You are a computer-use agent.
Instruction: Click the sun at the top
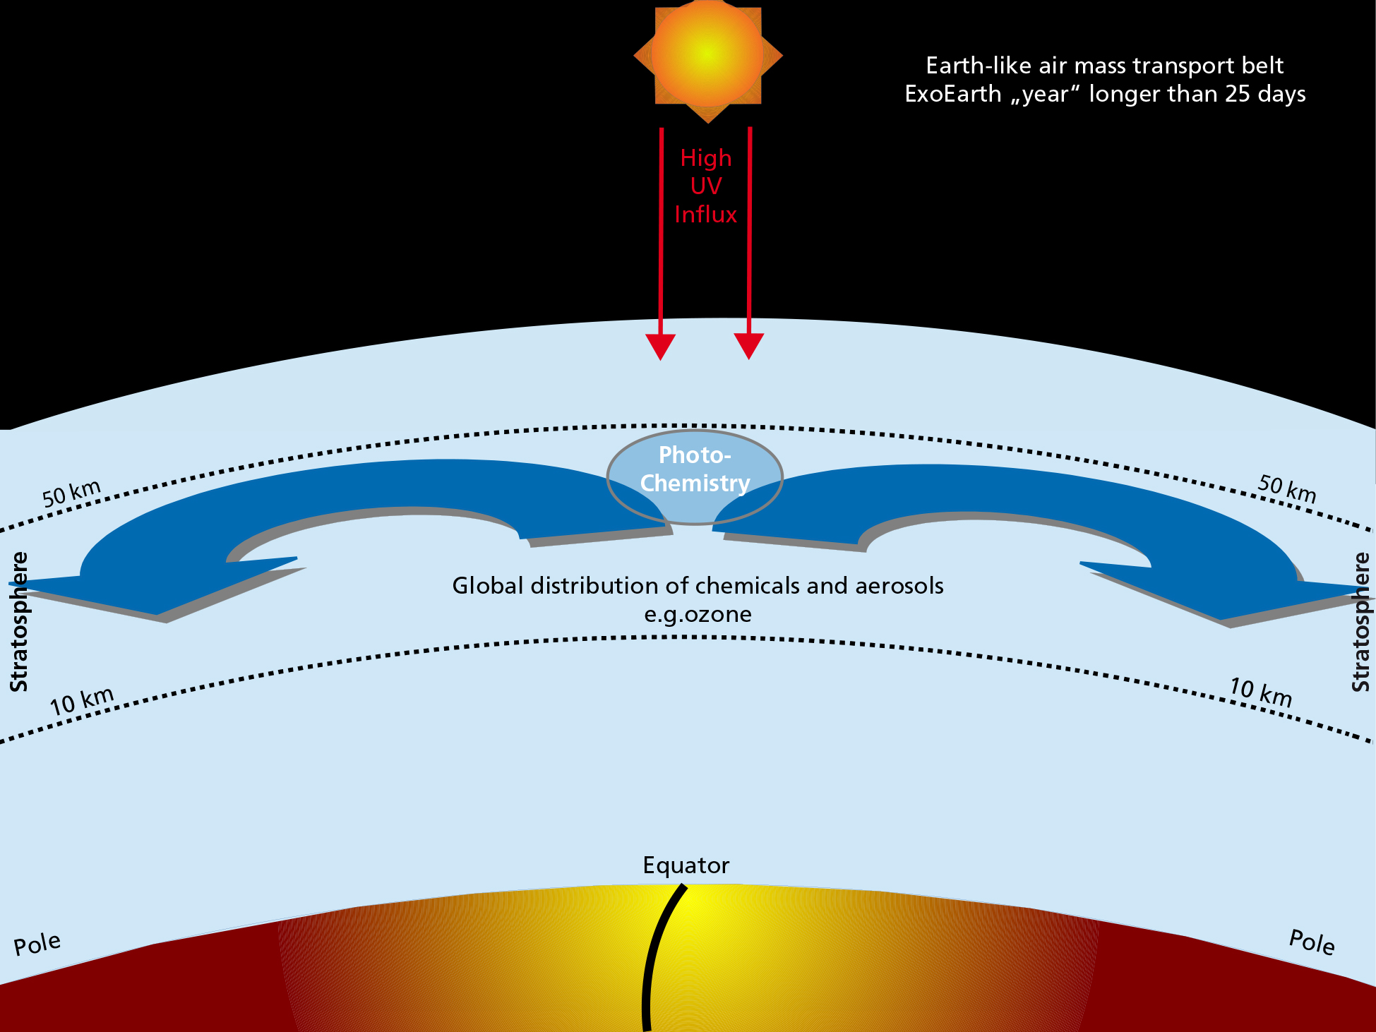pyautogui.click(x=707, y=54)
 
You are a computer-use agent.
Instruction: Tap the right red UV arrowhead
pyautogui.click(x=749, y=345)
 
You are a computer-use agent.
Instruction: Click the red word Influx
pyautogui.click(x=705, y=215)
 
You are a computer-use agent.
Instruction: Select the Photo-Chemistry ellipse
pyautogui.click(x=695, y=476)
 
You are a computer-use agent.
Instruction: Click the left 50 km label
pyautogui.click(x=71, y=493)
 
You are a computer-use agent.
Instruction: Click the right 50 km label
pyautogui.click(x=1286, y=488)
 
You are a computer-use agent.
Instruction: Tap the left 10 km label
pyautogui.click(x=82, y=701)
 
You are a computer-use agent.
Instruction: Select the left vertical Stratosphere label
pyautogui.click(x=19, y=621)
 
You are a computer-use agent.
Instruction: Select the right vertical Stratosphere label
pyautogui.click(x=1360, y=621)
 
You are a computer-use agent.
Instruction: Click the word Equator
pyautogui.click(x=686, y=865)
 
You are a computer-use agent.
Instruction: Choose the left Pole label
pyautogui.click(x=37, y=944)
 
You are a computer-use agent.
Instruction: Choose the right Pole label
pyautogui.click(x=1312, y=942)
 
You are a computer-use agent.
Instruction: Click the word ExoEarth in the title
pyautogui.click(x=953, y=94)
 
